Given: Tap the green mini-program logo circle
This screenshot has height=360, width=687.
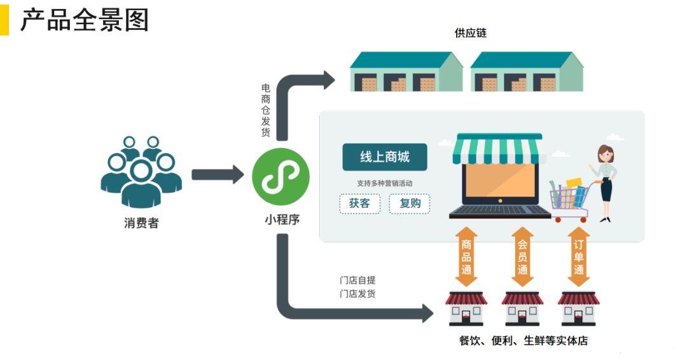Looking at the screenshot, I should [x=281, y=176].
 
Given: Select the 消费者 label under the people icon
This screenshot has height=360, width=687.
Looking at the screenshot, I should [x=141, y=223].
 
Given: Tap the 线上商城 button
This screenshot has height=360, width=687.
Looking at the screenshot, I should [x=385, y=157].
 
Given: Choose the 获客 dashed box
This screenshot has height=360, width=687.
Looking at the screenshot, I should [x=359, y=204].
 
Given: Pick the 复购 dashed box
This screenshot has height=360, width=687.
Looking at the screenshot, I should [x=410, y=204].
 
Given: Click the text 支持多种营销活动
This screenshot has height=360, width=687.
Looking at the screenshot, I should [x=385, y=183].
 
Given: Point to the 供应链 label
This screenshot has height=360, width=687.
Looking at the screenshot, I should [x=470, y=33].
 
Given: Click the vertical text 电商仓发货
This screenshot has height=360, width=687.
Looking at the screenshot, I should [x=266, y=110].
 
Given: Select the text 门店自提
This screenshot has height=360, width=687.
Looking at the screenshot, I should [x=357, y=280].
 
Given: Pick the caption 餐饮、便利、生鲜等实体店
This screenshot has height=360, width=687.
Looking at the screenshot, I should [x=523, y=340].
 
